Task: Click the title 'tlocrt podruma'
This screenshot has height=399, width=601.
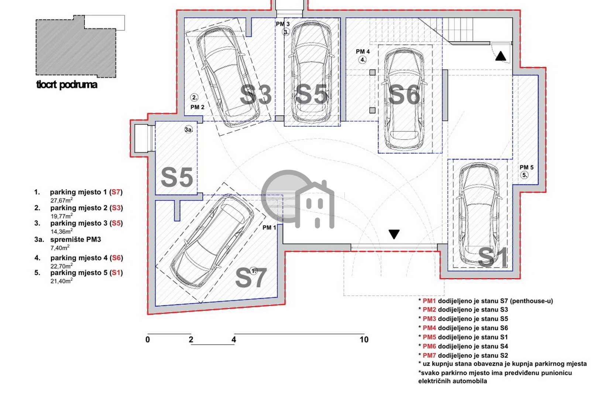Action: coord(67,85)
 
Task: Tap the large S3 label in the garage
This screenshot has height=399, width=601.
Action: coord(255,95)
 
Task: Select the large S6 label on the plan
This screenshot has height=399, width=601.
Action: coord(404,95)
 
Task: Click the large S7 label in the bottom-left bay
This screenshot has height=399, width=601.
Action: coord(251,278)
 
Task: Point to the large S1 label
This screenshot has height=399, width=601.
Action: coord(492,257)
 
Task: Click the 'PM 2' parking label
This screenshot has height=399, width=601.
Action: coord(198,107)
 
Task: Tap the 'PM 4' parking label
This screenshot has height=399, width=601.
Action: coord(363,51)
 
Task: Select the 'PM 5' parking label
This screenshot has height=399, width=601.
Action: coord(527,167)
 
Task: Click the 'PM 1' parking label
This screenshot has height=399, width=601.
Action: coord(269,228)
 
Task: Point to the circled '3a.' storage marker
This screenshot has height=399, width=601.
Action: coord(189,130)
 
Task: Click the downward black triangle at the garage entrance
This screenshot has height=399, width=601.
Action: coord(394,234)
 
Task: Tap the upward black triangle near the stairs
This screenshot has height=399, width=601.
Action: coord(501,56)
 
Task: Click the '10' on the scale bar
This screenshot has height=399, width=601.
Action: coord(364,340)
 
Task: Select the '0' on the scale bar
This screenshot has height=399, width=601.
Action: coord(148,340)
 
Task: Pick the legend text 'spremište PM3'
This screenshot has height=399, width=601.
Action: coord(76,239)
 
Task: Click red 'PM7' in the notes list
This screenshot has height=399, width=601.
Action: coord(429,355)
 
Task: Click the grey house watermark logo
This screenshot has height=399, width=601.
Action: coord(298,199)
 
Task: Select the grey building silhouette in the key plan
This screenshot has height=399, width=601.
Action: coord(76,46)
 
